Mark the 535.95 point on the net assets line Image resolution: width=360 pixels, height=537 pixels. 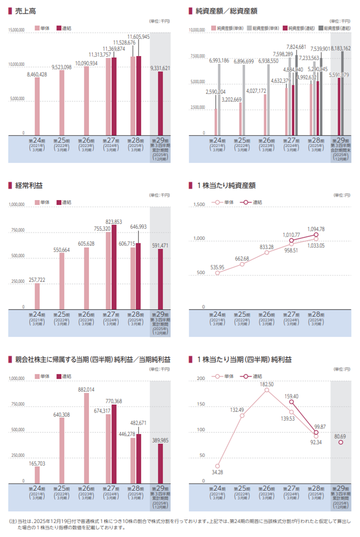pyautogui.click(x=217, y=273)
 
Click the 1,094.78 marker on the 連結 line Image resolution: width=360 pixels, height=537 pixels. pyautogui.click(x=316, y=235)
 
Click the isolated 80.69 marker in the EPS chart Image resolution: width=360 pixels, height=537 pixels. pyautogui.click(x=341, y=442)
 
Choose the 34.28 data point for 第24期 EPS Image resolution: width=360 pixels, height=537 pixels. pyautogui.click(x=217, y=466)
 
